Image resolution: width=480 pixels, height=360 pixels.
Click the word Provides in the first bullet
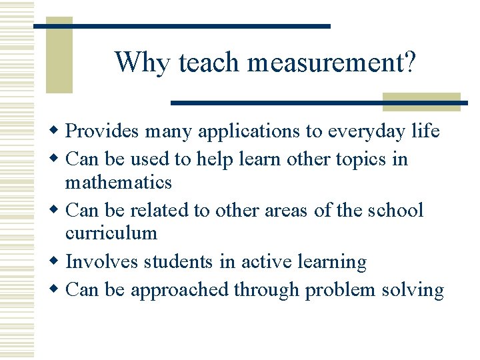pos(103,131)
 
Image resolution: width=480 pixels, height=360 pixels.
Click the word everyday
pos(365,131)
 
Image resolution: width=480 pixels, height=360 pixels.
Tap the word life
pos(425,131)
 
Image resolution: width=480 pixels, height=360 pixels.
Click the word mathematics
pos(119,182)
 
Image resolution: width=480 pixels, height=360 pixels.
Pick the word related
pos(159,210)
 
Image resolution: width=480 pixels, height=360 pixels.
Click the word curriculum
pos(111,233)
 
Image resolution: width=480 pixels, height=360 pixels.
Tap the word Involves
pos(98,262)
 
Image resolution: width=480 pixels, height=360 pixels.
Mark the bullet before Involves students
pos(57,262)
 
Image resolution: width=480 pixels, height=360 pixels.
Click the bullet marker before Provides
pos(57,131)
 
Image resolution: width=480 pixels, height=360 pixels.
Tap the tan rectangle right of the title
pos(421,101)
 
